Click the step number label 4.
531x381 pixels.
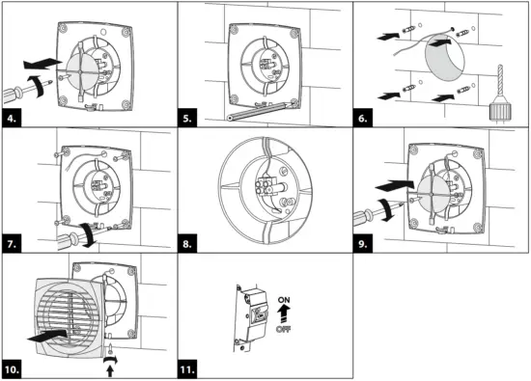pyautogui.click(x=12, y=118)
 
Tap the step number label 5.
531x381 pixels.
pyautogui.click(x=187, y=118)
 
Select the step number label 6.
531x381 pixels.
pyautogui.click(x=363, y=118)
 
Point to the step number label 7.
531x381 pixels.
pyautogui.click(x=12, y=244)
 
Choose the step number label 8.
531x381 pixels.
pyautogui.click(x=187, y=244)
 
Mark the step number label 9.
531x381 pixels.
pyautogui.click(x=363, y=244)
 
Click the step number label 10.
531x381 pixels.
pyautogui.click(x=13, y=369)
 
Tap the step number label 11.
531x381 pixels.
pyautogui.click(x=187, y=369)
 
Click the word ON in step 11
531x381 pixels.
pyautogui.click(x=284, y=300)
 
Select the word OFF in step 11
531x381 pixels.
pyautogui.click(x=284, y=329)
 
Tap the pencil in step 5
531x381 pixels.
pyautogui.click(x=258, y=111)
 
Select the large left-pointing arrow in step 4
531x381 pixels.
pyautogui.click(x=42, y=64)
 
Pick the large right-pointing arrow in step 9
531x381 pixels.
pyautogui.click(x=395, y=185)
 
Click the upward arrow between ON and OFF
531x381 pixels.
pyautogui.click(x=284, y=313)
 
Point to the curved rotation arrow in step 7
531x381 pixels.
pyautogui.click(x=88, y=234)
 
